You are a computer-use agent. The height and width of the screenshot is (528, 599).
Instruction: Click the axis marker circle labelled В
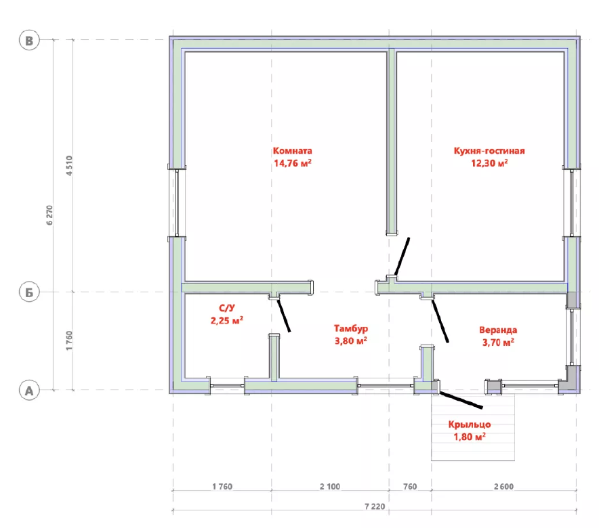(29, 41)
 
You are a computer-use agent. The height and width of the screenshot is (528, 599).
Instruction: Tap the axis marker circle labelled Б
(29, 292)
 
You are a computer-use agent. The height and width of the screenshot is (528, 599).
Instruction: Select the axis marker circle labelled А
(29, 391)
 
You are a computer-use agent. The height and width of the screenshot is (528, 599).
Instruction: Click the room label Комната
(292, 151)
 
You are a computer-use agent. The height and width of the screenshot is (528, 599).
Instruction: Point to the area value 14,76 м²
(292, 163)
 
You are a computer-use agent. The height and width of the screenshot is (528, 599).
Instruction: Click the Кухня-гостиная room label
(489, 151)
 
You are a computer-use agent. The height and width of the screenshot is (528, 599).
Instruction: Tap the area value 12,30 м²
(489, 163)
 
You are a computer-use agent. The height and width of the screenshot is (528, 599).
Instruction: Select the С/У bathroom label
(226, 308)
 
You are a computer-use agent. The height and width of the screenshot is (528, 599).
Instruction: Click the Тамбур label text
(351, 328)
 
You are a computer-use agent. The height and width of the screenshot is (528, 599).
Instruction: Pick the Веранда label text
(498, 330)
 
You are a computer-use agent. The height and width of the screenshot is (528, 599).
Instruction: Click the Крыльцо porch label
(470, 424)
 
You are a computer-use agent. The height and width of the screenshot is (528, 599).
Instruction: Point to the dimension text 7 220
(375, 506)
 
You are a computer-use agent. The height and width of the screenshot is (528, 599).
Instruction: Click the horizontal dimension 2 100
(330, 487)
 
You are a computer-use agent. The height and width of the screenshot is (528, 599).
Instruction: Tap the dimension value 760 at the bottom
(410, 487)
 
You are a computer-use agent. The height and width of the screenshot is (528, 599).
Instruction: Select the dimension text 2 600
(503, 487)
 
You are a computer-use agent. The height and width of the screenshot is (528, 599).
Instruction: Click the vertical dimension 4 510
(68, 166)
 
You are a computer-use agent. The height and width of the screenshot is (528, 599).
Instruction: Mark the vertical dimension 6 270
(49, 215)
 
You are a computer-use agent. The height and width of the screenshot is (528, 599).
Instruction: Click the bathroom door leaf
(283, 315)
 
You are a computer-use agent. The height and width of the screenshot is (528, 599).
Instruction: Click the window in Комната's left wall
(177, 202)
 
